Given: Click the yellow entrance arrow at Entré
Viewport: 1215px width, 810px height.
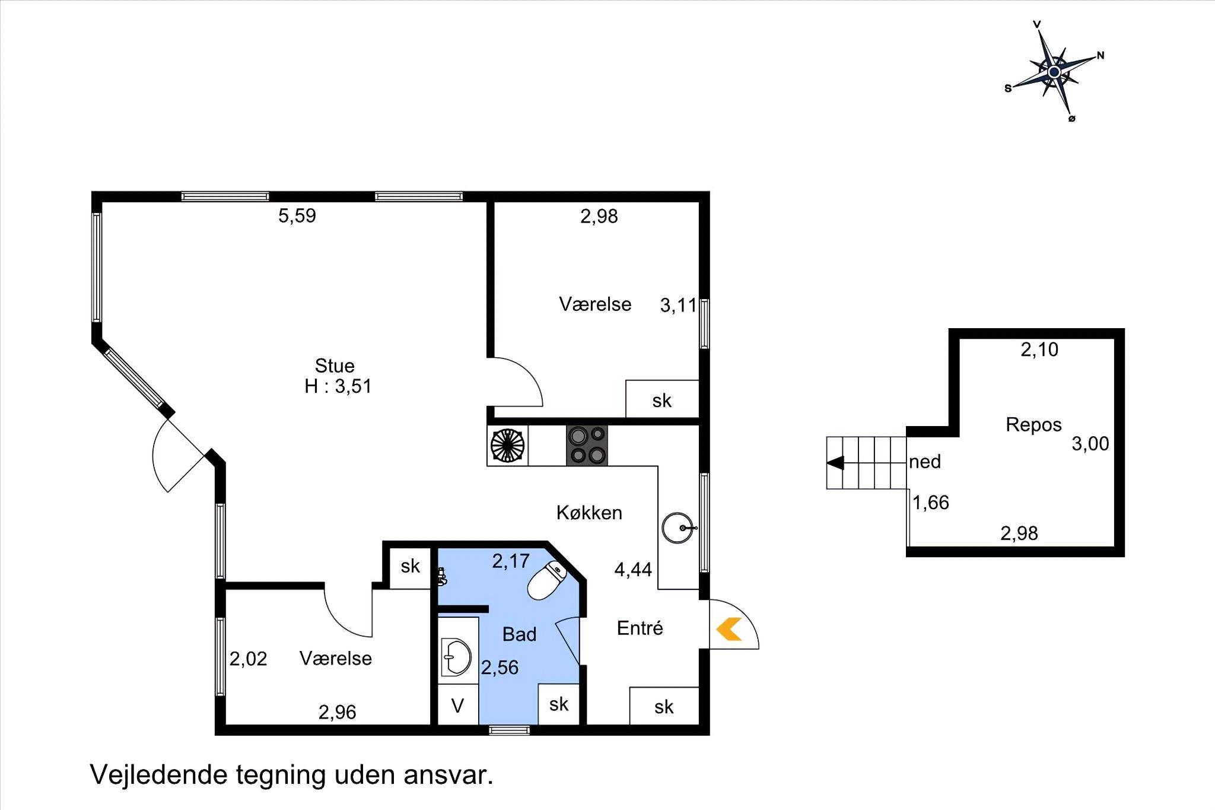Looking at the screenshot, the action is point(729,629).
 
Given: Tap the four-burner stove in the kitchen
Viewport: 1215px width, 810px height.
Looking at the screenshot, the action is point(587,445).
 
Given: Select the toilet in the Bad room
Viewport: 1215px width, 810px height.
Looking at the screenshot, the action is point(546,580).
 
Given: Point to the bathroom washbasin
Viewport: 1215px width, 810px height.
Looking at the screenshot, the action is point(456,657).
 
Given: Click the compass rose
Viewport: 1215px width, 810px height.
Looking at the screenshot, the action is point(1054,72).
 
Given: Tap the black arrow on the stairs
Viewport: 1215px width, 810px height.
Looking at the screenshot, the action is point(836,463).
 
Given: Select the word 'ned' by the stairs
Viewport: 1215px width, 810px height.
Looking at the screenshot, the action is point(925,462).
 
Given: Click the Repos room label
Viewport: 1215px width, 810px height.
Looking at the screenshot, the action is point(1033,425).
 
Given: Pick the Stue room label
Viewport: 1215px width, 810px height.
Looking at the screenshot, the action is point(335,366).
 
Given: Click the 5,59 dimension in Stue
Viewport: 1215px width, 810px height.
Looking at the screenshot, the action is point(297,215).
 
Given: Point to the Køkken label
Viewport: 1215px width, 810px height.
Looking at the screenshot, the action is point(589,513).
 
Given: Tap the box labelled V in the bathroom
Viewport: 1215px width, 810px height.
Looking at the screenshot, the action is point(457,704).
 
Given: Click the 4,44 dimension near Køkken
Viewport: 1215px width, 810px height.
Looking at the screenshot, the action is point(633,570).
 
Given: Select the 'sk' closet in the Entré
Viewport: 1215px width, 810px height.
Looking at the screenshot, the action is point(664,706).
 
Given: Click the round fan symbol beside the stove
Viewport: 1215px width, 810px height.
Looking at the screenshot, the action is point(508,445).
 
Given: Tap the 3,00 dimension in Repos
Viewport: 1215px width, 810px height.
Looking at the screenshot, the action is point(1090,444).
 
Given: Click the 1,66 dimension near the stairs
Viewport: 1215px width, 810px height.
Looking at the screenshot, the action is point(930,503).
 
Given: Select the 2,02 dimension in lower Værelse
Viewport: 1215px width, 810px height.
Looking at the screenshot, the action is point(248,659).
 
